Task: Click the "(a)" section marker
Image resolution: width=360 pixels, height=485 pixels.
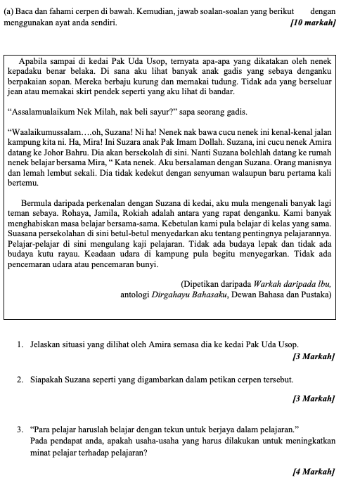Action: pos(10,12)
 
